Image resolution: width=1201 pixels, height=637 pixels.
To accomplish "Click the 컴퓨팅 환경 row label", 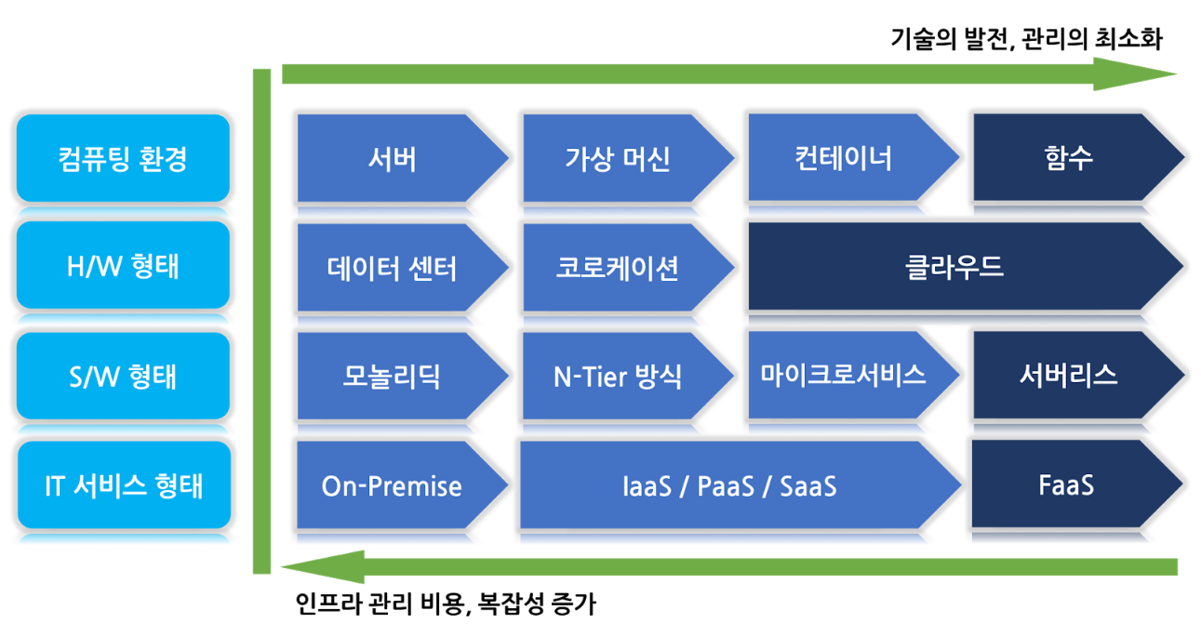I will point(123,158).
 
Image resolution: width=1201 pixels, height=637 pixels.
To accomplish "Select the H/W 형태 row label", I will point(123,267).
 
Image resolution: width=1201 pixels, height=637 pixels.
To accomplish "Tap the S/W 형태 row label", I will point(123,377).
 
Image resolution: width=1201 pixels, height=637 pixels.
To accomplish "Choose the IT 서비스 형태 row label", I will point(123,485).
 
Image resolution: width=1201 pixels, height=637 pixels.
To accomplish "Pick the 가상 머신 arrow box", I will point(618,158).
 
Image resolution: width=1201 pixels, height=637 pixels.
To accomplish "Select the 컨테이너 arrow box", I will point(844,157).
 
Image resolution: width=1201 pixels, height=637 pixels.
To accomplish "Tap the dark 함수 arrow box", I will point(1069,157).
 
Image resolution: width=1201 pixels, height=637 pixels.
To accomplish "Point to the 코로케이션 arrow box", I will point(618,268).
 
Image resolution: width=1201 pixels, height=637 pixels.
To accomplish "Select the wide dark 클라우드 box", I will point(955,267).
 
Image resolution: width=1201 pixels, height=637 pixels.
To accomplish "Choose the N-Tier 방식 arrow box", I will point(618,376).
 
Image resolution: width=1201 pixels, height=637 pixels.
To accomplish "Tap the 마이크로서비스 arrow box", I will point(844,375).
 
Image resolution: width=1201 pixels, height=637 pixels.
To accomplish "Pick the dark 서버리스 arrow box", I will point(1069,375).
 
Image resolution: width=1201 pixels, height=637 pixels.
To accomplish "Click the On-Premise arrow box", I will point(392,485).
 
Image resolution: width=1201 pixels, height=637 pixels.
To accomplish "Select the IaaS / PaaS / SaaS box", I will point(729,485).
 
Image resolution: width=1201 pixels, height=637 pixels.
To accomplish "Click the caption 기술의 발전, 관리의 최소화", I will point(1027,39).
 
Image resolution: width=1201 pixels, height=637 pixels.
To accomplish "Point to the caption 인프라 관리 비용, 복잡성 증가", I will point(445,605).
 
